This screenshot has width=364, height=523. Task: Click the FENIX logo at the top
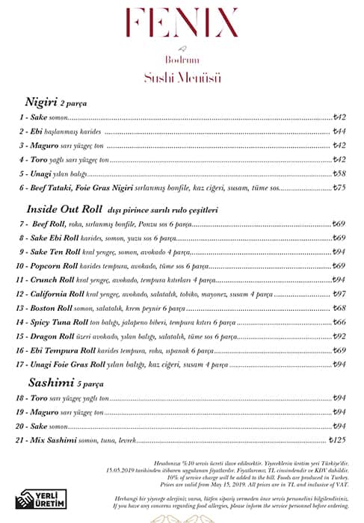pos(182,22)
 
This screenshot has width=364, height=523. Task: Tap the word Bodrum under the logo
pos(182,61)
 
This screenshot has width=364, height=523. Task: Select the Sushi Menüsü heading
pos(182,77)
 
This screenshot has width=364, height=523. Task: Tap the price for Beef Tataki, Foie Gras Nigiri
pos(339,188)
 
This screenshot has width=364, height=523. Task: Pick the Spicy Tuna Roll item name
pos(63,322)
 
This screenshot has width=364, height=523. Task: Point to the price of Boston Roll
pos(339,308)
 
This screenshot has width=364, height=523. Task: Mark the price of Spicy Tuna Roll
pos(339,322)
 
